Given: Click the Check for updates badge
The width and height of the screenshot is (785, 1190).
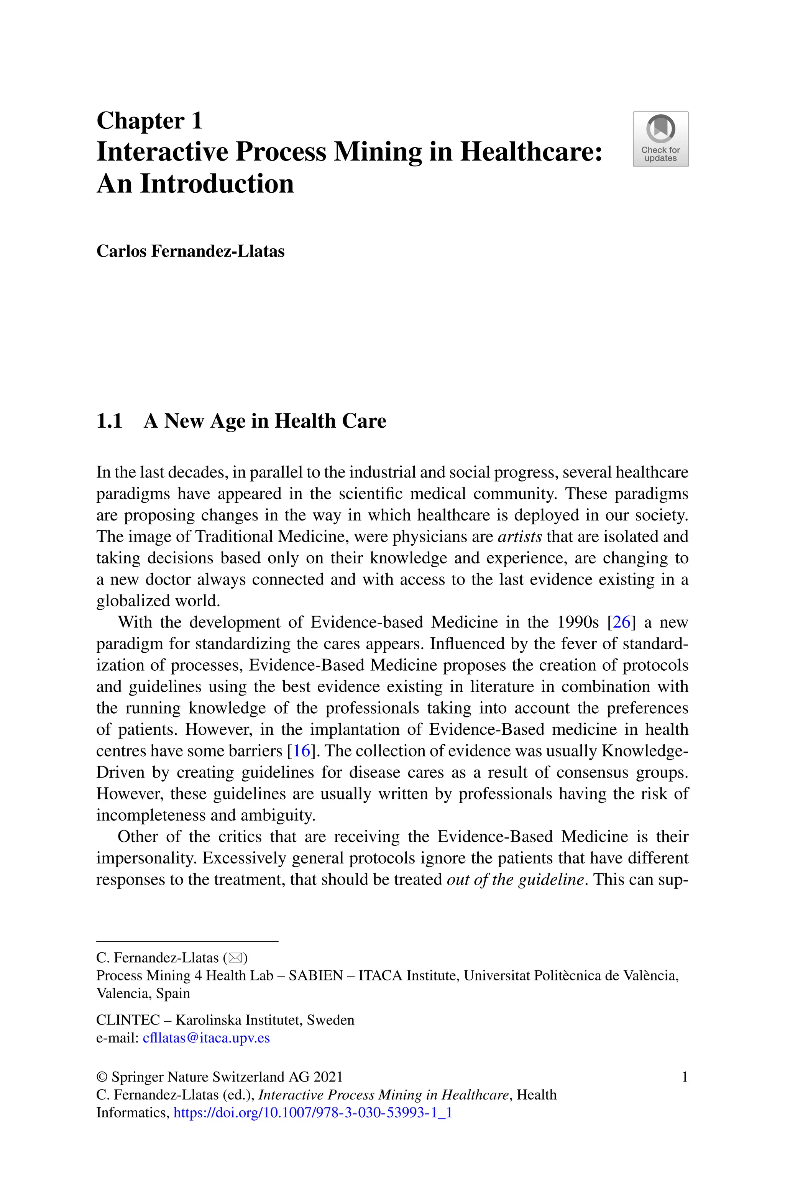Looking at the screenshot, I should [660, 139].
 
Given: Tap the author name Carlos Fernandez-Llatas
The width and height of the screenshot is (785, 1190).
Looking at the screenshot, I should [190, 251].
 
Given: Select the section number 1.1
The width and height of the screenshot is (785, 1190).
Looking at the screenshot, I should [109, 421].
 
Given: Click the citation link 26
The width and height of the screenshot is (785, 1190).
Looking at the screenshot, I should [621, 622].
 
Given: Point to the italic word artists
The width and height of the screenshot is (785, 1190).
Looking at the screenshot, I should [519, 537].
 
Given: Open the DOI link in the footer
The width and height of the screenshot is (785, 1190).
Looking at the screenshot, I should [312, 1113].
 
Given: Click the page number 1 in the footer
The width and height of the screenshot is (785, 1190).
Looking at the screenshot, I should [684, 1077].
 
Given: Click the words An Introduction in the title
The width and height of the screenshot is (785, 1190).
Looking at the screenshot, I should [195, 184].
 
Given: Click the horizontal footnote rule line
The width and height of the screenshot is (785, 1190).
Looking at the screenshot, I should [187, 941].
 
